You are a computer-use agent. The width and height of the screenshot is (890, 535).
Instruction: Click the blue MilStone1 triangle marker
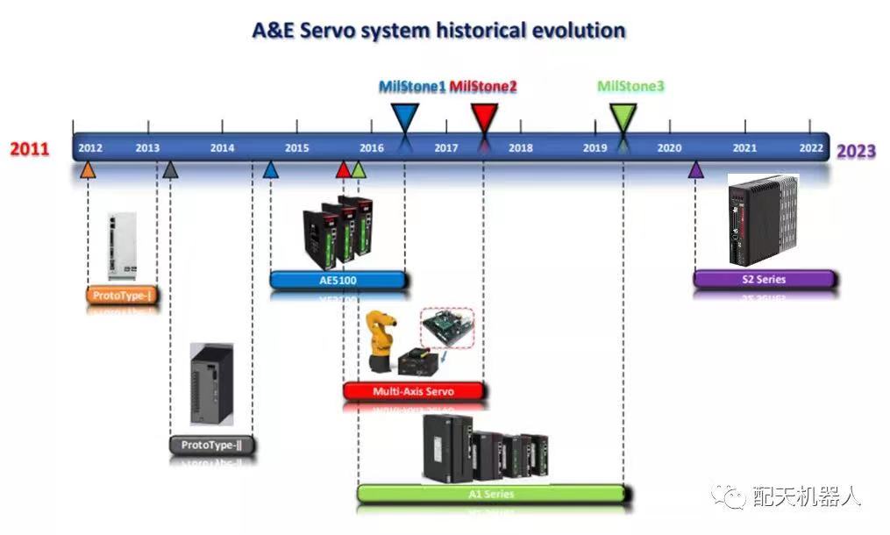(405, 118)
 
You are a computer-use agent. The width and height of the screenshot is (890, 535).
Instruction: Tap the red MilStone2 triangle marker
(484, 118)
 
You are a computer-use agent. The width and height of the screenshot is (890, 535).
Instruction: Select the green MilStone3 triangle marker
(623, 118)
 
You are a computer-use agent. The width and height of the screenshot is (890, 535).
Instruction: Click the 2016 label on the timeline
(372, 148)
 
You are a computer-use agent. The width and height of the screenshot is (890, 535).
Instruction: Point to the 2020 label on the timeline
(669, 148)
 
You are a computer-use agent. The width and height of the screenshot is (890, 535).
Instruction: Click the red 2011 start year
(30, 149)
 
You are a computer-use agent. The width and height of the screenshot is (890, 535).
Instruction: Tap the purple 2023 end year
(856, 151)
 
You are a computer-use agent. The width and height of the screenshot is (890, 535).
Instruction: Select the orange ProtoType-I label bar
(122, 296)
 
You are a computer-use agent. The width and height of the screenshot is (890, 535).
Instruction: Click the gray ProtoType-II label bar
(211, 445)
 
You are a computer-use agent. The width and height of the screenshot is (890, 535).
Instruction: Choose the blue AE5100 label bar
(338, 280)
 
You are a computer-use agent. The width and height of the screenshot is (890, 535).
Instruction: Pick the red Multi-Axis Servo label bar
(414, 391)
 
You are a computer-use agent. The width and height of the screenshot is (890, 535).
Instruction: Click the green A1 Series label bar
(492, 494)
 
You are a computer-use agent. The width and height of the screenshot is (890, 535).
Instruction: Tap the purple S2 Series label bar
(764, 280)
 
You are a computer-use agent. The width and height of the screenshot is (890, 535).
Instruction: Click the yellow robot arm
(381, 341)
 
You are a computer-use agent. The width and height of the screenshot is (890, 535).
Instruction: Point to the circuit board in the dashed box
(447, 327)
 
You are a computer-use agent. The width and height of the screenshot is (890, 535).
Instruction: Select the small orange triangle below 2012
(88, 170)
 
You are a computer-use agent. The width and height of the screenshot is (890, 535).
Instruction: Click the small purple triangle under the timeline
(696, 170)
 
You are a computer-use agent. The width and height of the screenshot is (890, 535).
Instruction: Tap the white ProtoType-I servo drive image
(122, 246)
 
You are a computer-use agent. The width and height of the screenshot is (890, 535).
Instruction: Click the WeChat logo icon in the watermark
(729, 496)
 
